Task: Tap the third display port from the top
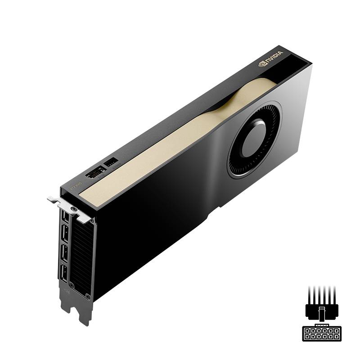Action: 63,253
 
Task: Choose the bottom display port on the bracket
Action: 63,274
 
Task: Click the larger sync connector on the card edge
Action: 95,172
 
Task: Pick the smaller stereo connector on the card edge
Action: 111,161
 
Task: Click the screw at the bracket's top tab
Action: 72,209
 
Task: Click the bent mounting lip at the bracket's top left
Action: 53,198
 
